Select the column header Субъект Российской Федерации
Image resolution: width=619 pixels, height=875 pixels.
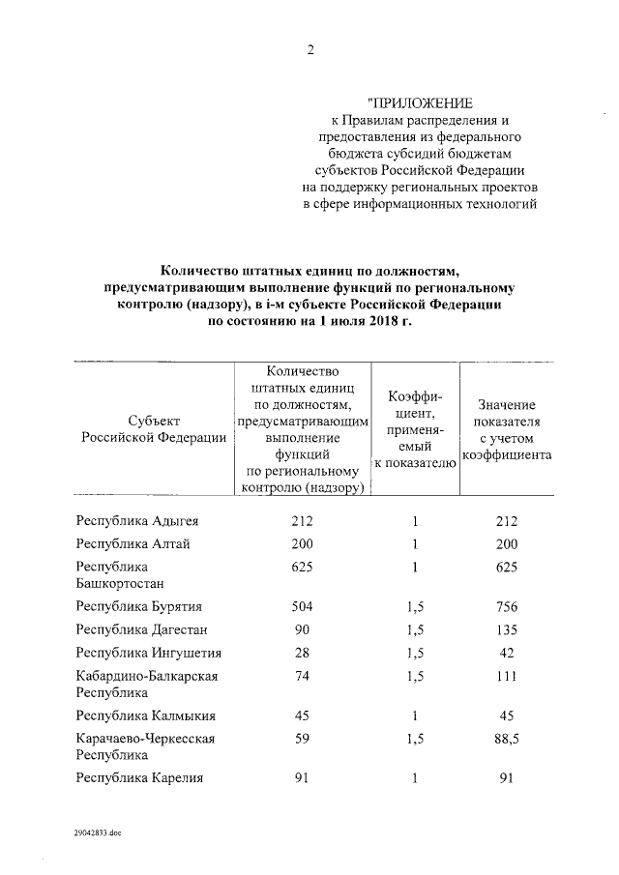[x=153, y=429]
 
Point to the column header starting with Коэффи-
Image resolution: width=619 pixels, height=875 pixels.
[x=415, y=429]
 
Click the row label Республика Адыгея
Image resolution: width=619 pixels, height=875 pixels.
[x=136, y=521]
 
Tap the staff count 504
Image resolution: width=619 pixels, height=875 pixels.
[x=303, y=606]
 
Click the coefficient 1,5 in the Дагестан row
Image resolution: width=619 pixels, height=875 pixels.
[x=415, y=629]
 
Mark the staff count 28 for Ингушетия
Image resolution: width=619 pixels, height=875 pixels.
[x=303, y=652]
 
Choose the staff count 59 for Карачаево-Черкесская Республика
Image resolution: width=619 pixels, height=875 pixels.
[x=303, y=739]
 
